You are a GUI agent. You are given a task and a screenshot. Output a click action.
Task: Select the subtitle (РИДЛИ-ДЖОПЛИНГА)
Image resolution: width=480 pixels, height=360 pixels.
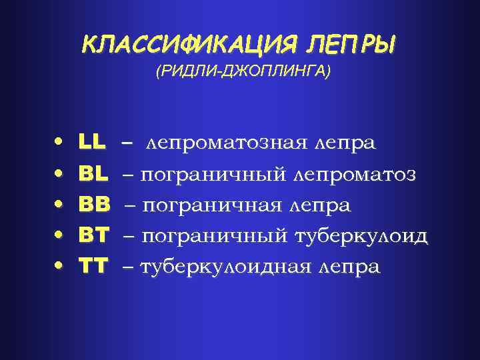[243, 72]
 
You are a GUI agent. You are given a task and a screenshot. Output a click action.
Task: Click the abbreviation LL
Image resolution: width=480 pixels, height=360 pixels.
[92, 142]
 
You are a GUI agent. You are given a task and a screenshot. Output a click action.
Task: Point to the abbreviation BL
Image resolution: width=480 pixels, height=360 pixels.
[93, 173]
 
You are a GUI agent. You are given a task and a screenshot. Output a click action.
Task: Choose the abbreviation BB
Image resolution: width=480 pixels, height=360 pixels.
[95, 204]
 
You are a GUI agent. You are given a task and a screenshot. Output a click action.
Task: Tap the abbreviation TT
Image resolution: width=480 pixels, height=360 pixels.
[93, 266]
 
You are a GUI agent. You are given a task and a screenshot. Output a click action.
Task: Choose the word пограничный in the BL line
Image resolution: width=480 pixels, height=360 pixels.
[213, 174]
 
